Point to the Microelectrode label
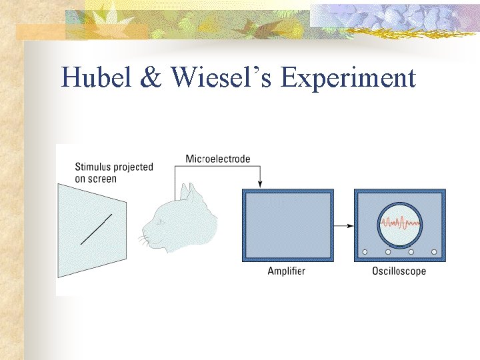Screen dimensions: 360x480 tap(217, 159)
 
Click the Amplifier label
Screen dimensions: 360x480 tap(286, 271)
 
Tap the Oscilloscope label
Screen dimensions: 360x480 tap(399, 271)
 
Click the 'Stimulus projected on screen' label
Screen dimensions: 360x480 tap(114, 173)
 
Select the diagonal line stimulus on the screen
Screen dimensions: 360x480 tap(95, 229)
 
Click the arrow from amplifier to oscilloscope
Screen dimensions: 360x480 tap(343, 225)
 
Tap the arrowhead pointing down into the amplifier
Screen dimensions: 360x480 tap(260, 184)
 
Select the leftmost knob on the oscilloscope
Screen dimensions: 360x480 tap(365, 251)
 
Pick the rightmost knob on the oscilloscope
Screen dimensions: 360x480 tap(435, 251)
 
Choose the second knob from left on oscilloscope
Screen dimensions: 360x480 tap(388, 251)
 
